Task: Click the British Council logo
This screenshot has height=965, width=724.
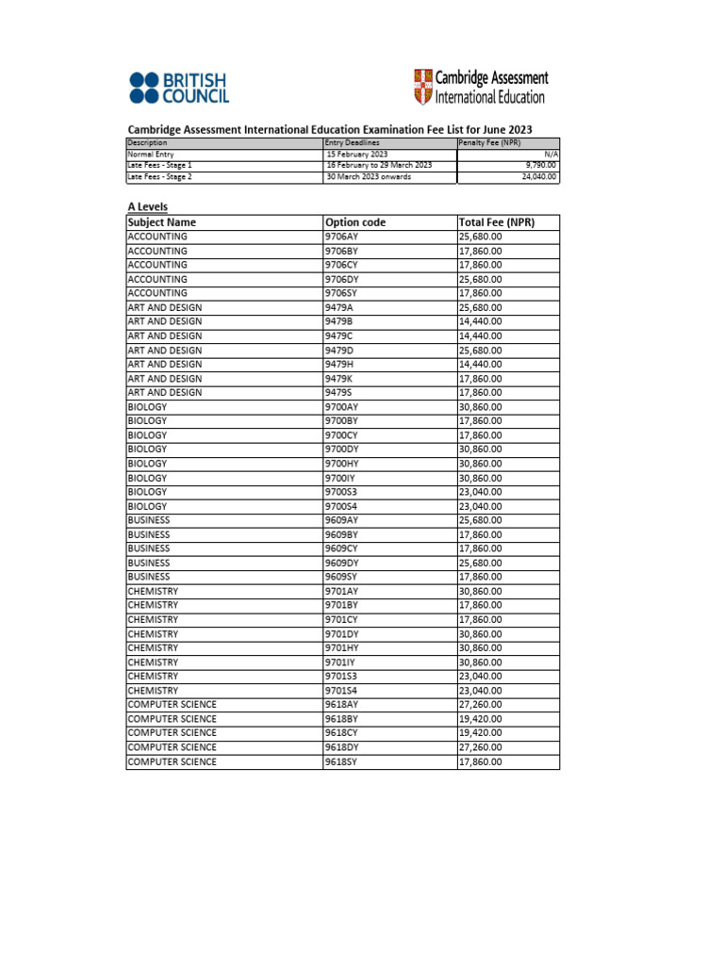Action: pyautogui.click(x=179, y=88)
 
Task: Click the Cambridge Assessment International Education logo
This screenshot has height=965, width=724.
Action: pyautogui.click(x=480, y=87)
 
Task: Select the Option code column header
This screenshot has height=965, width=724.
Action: pyautogui.click(x=355, y=222)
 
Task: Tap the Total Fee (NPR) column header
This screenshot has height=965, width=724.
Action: pyautogui.click(x=496, y=222)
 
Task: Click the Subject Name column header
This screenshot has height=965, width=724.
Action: pyautogui.click(x=162, y=222)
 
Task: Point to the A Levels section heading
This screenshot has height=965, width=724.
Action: pyautogui.click(x=148, y=205)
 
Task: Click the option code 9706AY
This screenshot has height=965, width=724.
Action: pyautogui.click(x=342, y=237)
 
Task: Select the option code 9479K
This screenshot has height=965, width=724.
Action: pyautogui.click(x=338, y=379)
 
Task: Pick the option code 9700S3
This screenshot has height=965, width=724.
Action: pyautogui.click(x=341, y=492)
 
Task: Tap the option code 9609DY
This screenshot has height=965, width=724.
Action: pyautogui.click(x=342, y=563)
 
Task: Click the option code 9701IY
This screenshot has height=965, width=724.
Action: pyautogui.click(x=340, y=662)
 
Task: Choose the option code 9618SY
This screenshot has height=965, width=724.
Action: pyautogui.click(x=341, y=761)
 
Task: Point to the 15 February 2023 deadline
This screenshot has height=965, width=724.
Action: pyautogui.click(x=356, y=154)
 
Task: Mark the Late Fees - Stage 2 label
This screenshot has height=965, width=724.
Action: pyautogui.click(x=160, y=176)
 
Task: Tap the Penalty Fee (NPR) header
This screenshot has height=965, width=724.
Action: pyautogui.click(x=489, y=142)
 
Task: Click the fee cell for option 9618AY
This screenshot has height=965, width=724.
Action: pyautogui.click(x=481, y=705)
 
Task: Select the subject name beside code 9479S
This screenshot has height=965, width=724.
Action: pyautogui.click(x=165, y=393)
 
